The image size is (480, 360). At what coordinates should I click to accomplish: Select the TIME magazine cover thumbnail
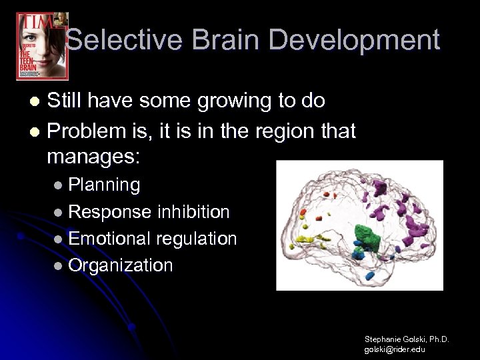click(x=42, y=45)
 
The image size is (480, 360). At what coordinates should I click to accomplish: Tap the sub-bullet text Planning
click(x=104, y=185)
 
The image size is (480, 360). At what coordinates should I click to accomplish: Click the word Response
click(x=110, y=212)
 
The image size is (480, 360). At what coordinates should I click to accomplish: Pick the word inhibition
click(x=193, y=212)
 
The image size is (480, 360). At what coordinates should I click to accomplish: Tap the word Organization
click(x=121, y=265)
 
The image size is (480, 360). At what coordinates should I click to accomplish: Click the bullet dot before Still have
click(x=37, y=102)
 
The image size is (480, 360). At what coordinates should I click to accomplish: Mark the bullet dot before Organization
click(x=59, y=266)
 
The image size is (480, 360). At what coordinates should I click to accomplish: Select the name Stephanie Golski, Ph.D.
click(x=406, y=339)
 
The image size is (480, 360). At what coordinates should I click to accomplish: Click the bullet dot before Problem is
click(x=37, y=132)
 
